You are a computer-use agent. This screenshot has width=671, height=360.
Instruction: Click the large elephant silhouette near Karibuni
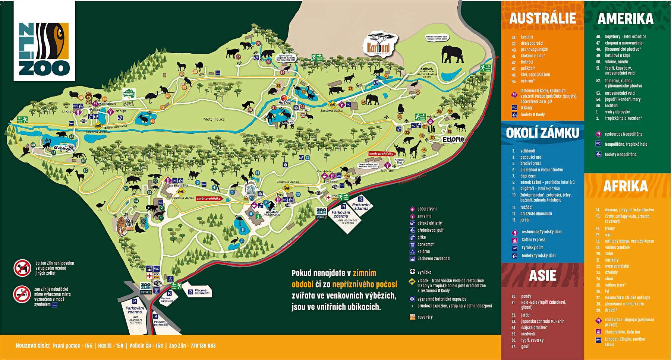453,55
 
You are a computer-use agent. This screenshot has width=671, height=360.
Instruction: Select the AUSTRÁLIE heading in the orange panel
542,18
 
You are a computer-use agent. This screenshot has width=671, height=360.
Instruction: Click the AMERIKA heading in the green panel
625,18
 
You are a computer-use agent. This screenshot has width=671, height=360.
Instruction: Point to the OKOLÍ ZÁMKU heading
542,133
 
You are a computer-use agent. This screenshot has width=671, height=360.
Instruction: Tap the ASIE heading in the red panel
542,276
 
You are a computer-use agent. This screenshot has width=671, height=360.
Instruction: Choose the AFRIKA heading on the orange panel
625,186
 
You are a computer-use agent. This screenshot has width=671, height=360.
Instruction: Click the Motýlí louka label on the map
214,119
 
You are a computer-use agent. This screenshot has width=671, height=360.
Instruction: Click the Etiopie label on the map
453,139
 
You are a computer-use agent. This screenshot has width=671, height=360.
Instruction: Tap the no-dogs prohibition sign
22,268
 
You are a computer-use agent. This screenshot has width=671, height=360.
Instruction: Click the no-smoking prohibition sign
22,294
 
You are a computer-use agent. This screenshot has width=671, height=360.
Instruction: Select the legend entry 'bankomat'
425,244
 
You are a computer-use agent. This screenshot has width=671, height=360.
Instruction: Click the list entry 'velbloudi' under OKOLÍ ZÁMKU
527,151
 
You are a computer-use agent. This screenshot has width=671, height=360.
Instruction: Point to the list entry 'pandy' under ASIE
526,296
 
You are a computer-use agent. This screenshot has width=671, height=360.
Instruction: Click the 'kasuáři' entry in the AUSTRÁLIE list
527,37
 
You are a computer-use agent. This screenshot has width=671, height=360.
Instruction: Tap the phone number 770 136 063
203,346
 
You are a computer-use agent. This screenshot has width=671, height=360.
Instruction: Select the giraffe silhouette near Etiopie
415,148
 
